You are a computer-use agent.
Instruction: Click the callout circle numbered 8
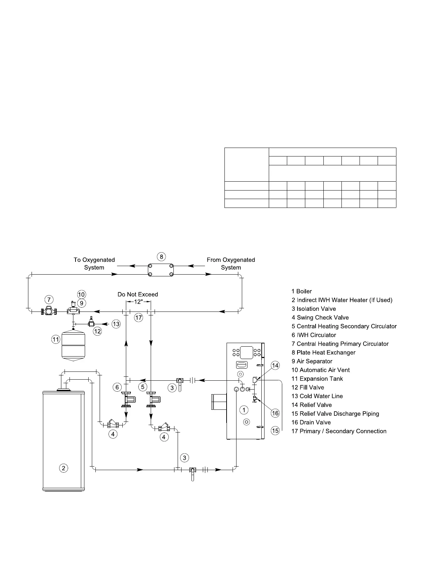coord(161,256)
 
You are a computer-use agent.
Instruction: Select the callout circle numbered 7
coord(49,299)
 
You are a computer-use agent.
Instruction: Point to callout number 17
coord(139,318)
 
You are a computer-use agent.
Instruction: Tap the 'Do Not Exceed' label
coord(138,294)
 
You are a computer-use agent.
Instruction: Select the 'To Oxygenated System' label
coord(94,264)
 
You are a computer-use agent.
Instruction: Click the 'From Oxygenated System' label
coord(231,264)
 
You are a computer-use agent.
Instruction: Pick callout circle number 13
coord(116,324)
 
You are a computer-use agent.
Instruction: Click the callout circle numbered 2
coord(63,468)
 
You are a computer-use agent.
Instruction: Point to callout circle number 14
coord(276,365)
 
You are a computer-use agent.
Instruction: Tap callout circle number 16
coord(276,413)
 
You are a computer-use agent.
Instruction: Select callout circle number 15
coord(276,431)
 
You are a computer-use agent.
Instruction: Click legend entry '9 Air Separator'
coord(312,361)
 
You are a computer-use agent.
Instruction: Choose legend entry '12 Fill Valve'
coord(308,387)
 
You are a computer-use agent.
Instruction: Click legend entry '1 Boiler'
coord(302,291)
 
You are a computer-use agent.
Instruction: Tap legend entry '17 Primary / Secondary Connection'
coord(339,431)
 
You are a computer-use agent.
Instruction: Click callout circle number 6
coord(118,387)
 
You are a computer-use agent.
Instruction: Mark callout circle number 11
coord(56,340)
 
